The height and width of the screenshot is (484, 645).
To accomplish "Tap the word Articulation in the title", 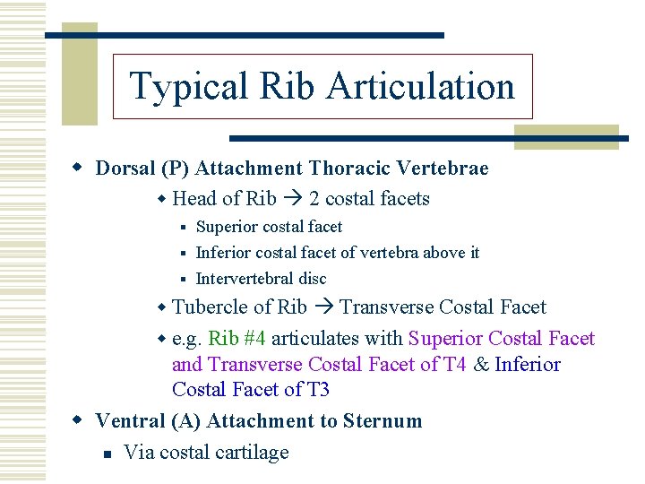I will pos(420,87).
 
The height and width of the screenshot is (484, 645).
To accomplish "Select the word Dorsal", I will pos(125,169).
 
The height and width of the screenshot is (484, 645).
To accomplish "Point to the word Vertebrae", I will pos(447,169).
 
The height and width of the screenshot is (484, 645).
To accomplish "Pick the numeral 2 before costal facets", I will pos(314,199).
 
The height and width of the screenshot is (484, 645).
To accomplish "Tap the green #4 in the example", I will pos(254,339).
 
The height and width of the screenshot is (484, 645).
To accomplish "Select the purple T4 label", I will pos(451,365).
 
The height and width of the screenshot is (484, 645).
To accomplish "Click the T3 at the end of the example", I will pos(314,390).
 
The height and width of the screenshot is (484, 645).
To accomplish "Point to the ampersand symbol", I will pos(481,365).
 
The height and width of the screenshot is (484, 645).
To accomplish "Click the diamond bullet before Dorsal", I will pos(79,169).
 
